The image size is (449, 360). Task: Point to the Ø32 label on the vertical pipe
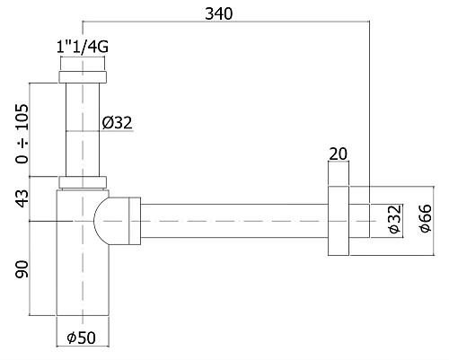[118, 123]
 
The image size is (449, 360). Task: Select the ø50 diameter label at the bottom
[83, 338]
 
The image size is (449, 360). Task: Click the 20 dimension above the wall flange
[339, 154]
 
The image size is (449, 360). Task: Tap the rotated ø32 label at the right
[392, 218]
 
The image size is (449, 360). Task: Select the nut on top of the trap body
[83, 182]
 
